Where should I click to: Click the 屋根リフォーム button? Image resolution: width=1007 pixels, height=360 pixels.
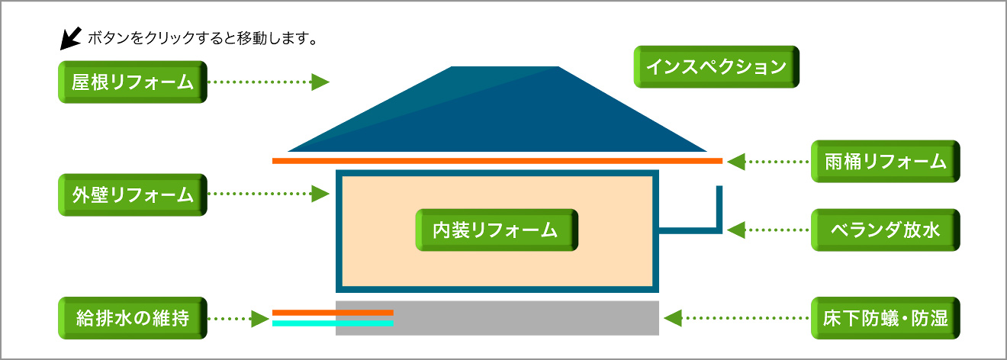coord(133,82)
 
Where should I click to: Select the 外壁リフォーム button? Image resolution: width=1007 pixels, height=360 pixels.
coord(133,194)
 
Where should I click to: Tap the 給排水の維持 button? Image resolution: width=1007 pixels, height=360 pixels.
coord(133,318)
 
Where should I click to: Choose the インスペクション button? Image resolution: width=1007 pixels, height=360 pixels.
coord(716,66)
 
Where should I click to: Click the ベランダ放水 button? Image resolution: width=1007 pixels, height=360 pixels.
coord(885,230)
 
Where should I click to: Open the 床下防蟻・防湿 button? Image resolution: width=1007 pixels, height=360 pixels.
coord(885,318)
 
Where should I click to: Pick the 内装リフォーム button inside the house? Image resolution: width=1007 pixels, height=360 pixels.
coord(497,230)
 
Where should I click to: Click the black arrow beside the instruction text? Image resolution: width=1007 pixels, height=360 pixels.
coord(70,39)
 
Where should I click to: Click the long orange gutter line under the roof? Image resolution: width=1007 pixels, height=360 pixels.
coord(497,161)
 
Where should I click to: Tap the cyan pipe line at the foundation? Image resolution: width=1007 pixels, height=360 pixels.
coord(333,323)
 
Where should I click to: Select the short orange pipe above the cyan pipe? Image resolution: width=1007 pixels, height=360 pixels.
coord(333,313)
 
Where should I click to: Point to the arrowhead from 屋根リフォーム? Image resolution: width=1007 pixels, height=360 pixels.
coord(320,82)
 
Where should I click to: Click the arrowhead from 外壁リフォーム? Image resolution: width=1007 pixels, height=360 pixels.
coord(320,194)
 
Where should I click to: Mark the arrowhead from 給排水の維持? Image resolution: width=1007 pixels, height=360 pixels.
coord(260,319)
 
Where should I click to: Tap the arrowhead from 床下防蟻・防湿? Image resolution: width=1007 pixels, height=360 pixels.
coord(673,318)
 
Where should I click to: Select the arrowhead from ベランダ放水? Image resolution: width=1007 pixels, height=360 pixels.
coord(736,230)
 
